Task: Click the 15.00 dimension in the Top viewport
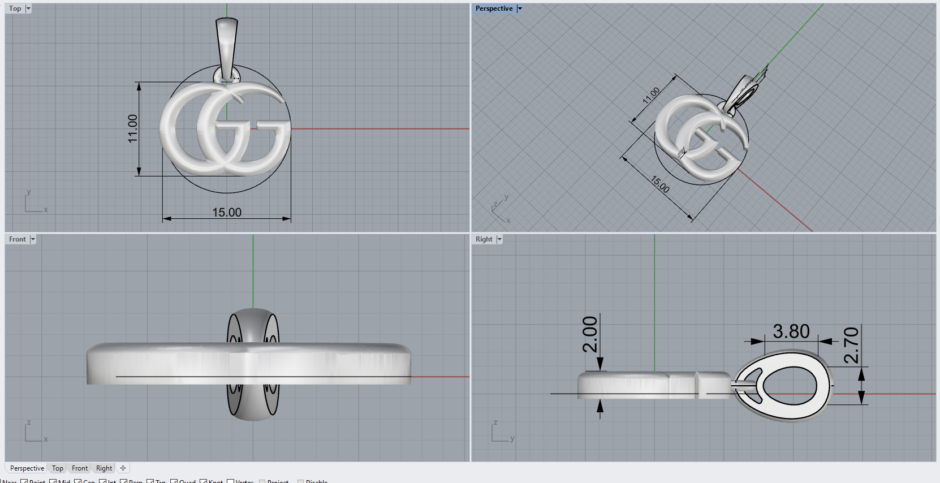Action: pyautogui.click(x=227, y=213)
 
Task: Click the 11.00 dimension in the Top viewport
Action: pyautogui.click(x=133, y=128)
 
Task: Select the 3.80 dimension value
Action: pyautogui.click(x=791, y=331)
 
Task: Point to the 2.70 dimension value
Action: pyautogui.click(x=851, y=346)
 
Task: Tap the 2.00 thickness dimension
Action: pyautogui.click(x=590, y=334)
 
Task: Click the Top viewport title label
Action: pyautogui.click(x=15, y=8)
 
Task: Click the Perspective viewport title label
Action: pyautogui.click(x=494, y=8)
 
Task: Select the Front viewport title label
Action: pyautogui.click(x=18, y=239)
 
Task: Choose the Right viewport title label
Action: pyautogui.click(x=484, y=239)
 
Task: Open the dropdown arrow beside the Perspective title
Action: pyautogui.click(x=520, y=8)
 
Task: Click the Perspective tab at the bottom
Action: pyautogui.click(x=27, y=468)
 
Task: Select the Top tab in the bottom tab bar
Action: pyautogui.click(x=58, y=468)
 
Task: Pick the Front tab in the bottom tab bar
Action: pyautogui.click(x=80, y=468)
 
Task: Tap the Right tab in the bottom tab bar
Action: pyautogui.click(x=104, y=468)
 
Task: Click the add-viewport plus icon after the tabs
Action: pyautogui.click(x=123, y=468)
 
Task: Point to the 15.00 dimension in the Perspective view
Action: pyautogui.click(x=660, y=184)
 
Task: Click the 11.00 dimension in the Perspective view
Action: pyautogui.click(x=651, y=95)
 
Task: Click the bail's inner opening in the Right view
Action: pyautogui.click(x=790, y=387)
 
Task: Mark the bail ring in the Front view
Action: pyautogui.click(x=253, y=325)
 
